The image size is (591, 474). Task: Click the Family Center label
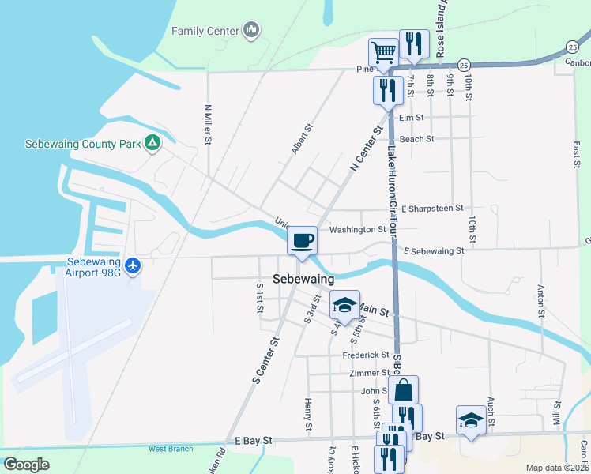205,32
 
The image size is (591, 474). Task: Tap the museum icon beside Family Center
252,31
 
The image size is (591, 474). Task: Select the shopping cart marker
383,54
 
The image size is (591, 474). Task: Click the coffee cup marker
303,240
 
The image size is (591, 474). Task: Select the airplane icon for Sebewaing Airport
133,265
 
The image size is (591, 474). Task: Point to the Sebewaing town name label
303,279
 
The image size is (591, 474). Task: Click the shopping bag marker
403,389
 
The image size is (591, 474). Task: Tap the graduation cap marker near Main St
344,305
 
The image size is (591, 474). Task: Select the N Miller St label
208,125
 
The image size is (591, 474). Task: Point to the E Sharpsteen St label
432,209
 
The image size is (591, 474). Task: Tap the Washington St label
357,230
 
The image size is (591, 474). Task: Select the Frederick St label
366,355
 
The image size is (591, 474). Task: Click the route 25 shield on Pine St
465,64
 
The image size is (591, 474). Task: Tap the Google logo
26,465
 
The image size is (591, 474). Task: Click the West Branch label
171,449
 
